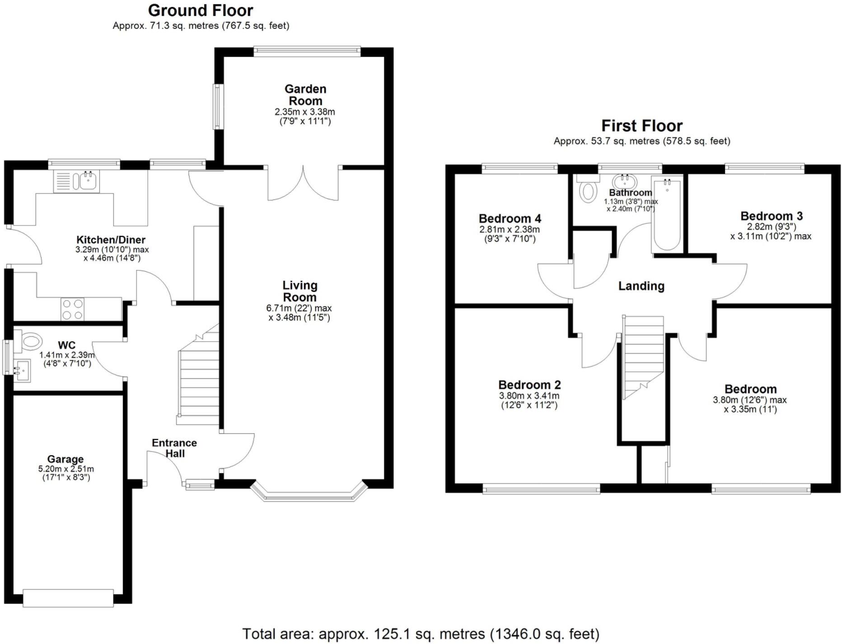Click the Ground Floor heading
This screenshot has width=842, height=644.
click(x=201, y=10)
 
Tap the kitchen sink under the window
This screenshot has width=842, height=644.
click(x=77, y=181)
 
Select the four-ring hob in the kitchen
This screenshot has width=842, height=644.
click(x=72, y=309)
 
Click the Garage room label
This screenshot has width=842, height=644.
click(x=65, y=460)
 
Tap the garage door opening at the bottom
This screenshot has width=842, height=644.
click(x=68, y=597)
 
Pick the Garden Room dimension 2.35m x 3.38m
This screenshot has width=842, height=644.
click(x=305, y=112)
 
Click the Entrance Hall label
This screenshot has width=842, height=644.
click(x=174, y=448)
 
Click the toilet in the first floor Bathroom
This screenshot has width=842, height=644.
click(x=588, y=190)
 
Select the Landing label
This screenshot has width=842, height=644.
click(x=641, y=286)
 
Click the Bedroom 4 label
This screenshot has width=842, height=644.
click(x=510, y=219)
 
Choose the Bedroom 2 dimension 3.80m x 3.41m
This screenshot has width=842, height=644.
click(x=529, y=396)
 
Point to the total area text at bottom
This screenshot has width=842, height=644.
click(x=421, y=634)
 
